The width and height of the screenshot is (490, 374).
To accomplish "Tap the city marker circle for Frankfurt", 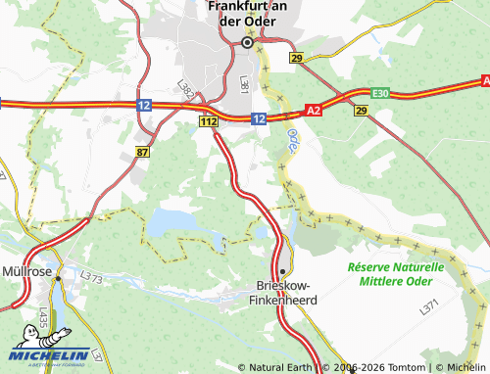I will tap(247, 42).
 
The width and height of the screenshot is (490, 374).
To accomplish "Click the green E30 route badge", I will tap(380, 93).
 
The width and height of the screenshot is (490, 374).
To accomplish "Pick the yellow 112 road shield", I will tap(207, 120).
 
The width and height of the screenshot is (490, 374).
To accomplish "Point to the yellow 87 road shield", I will tap(143, 151).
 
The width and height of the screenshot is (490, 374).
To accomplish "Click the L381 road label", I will tap(245, 84).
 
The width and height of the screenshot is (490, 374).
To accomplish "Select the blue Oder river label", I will tap(293, 147).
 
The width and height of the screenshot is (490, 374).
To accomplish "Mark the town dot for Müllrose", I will tap(58, 278).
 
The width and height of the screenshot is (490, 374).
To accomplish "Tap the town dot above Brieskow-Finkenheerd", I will tap(282, 271).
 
